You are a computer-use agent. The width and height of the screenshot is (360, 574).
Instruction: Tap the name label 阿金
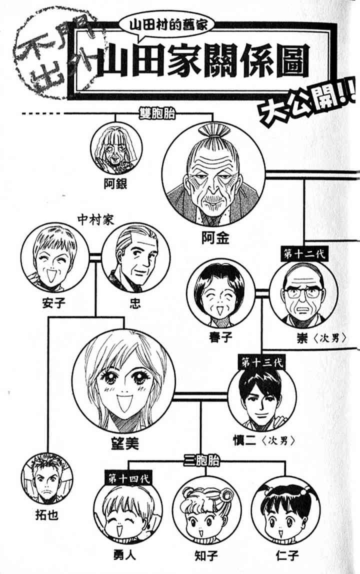(x=215, y=238)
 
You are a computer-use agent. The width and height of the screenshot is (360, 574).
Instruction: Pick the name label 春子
(x=220, y=336)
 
